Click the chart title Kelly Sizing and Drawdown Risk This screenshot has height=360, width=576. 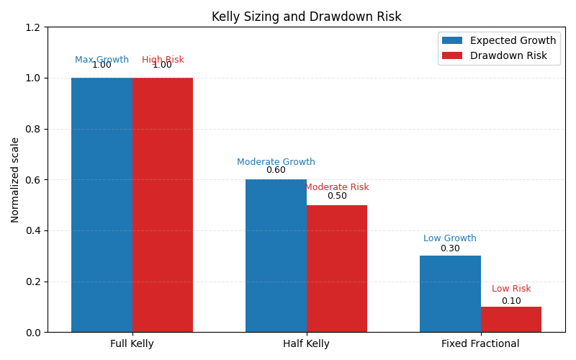click(306, 17)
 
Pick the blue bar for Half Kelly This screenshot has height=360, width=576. click(276, 256)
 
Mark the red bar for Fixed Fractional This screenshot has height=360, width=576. click(511, 320)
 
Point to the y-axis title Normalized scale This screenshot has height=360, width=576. click(15, 180)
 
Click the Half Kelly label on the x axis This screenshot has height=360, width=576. click(306, 344)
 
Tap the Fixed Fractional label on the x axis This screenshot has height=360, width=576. click(480, 344)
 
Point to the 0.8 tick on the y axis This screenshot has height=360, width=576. click(33, 129)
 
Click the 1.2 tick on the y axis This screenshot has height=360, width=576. click(33, 27)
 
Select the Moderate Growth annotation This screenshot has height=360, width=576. click(276, 162)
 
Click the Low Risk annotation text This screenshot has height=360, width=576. click(511, 289)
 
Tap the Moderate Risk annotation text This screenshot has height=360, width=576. click(337, 187)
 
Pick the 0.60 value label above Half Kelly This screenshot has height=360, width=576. click(276, 171)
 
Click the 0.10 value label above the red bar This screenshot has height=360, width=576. click(511, 301)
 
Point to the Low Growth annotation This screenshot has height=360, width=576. click(450, 238)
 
